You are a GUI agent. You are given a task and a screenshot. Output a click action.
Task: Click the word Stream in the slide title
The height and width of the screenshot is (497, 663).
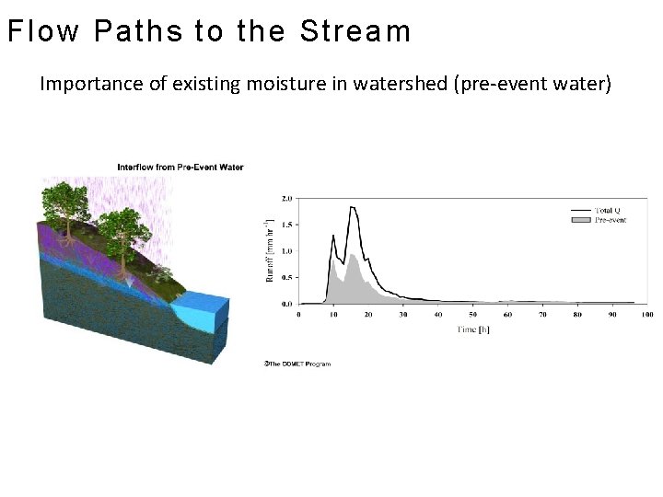point(355,31)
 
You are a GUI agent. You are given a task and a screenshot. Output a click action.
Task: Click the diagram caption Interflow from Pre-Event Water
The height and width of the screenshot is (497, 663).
point(180,167)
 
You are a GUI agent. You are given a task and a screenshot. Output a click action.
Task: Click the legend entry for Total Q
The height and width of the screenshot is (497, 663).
point(609,211)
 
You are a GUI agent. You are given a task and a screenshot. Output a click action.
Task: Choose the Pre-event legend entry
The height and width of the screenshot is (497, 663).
point(609,220)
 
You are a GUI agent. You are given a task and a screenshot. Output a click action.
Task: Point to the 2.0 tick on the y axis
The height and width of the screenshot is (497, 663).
point(286,198)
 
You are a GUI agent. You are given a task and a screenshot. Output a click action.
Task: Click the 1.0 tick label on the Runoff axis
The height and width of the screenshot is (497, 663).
point(286,250)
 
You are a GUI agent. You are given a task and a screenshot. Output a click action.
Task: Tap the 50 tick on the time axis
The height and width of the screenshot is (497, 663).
point(472,315)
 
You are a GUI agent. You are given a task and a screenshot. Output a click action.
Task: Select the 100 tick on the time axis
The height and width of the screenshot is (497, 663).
point(646,315)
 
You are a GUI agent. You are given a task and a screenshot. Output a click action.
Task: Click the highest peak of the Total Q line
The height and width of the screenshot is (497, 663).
point(352,207)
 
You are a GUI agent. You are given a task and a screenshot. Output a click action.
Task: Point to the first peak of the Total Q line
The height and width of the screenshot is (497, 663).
point(332,235)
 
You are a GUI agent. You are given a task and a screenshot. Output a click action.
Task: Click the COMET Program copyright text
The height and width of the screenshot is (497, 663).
point(297,364)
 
